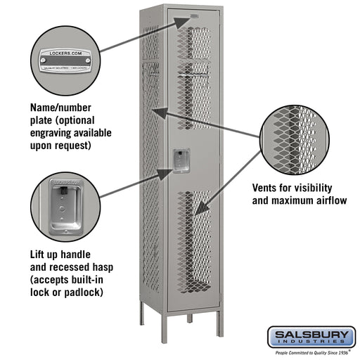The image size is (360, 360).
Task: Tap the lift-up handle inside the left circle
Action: point(64,209)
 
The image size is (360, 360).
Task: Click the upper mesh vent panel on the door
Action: point(193,77)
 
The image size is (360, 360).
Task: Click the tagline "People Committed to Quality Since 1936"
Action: point(315,352)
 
